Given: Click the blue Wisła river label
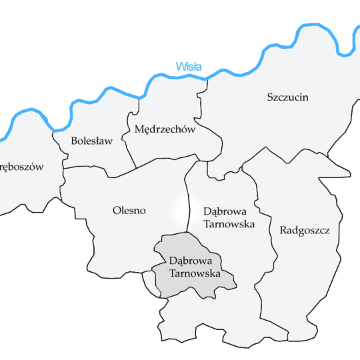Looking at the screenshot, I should point(188,67).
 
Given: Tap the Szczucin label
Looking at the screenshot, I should point(287,97).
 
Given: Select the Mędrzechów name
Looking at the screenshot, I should point(165,129).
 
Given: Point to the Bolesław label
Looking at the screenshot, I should point(91,141).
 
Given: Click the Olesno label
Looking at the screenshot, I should point(129,211).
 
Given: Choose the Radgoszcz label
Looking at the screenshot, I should point(305,231).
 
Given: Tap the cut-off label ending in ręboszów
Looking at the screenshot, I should point(21,167).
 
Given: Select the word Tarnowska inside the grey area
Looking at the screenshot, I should point(193,273).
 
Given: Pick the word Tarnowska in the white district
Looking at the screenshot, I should point(229,224).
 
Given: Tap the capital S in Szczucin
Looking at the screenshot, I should point(270,97).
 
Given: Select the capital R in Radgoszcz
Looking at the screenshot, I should point(283,231).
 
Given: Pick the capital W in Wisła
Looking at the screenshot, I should point(180,67).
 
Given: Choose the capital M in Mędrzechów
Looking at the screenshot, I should point(139,129).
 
